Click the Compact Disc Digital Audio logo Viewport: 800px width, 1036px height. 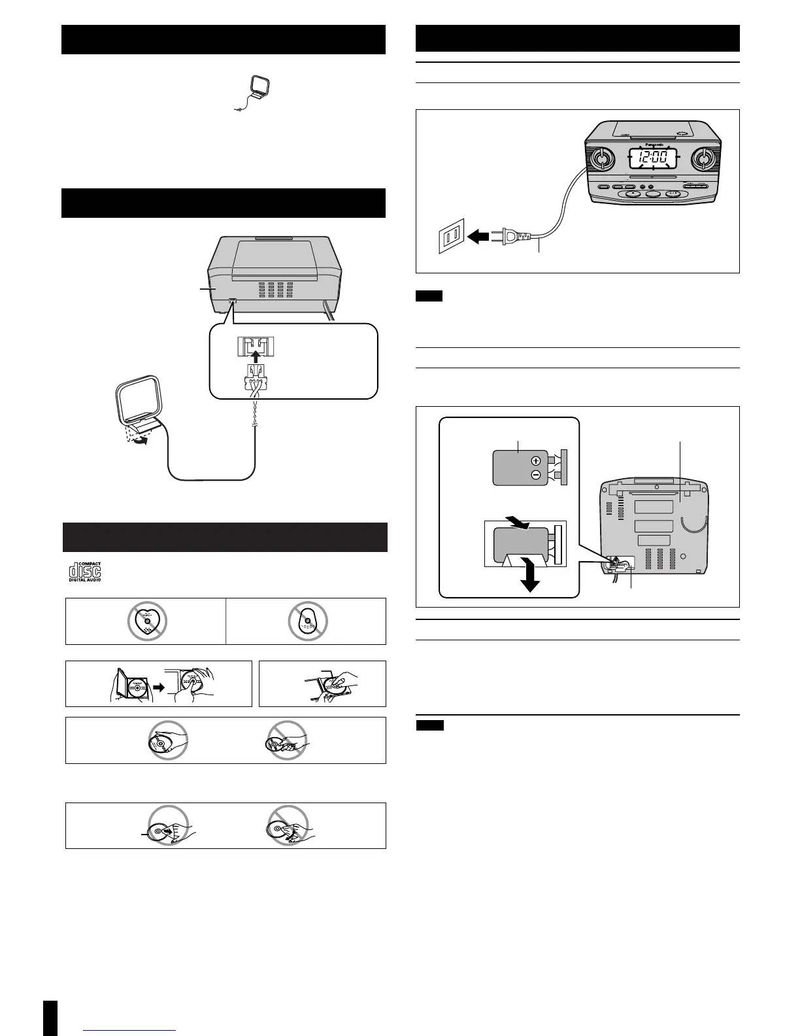[86, 571]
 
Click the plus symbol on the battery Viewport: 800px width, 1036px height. [536, 460]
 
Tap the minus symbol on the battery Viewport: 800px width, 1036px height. [536, 475]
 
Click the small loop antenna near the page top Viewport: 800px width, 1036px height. [252, 92]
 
